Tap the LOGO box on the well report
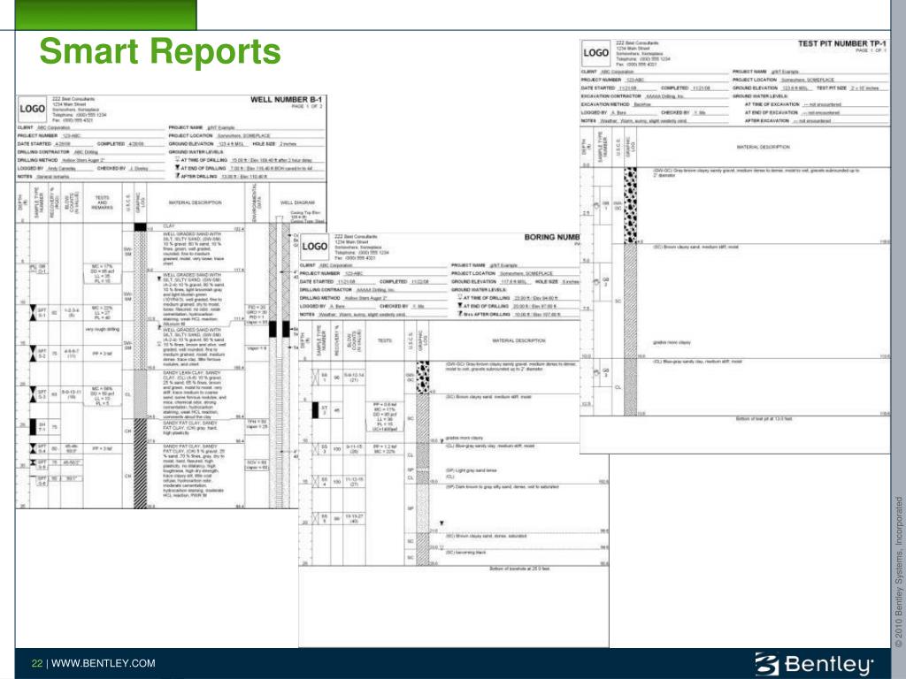pyautogui.click(x=33, y=109)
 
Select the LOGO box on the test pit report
pyautogui.click(x=596, y=53)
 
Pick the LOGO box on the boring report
pyautogui.click(x=315, y=248)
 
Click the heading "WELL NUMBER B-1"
pyautogui.click(x=288, y=100)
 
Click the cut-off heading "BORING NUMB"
pyautogui.click(x=551, y=237)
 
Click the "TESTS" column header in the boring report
pyautogui.click(x=386, y=339)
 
